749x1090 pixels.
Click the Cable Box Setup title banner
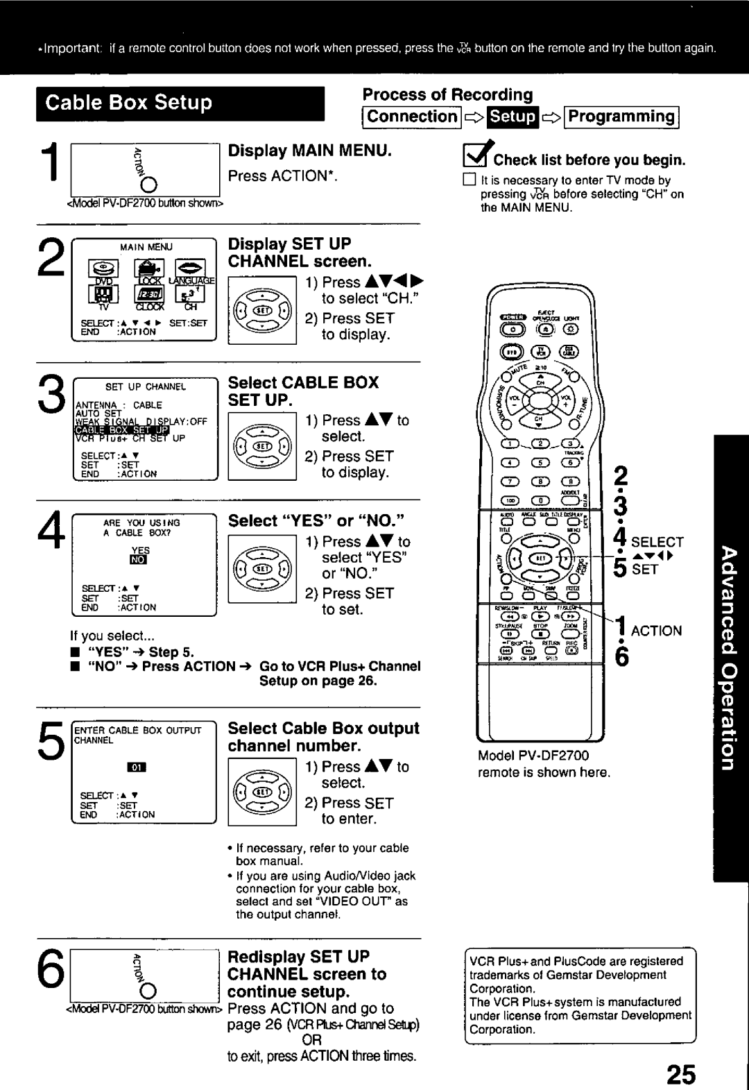(x=180, y=103)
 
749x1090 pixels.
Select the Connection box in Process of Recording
(x=412, y=117)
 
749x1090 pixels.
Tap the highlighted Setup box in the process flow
(x=513, y=117)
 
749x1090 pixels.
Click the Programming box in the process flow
(x=621, y=117)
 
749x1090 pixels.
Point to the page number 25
(x=681, y=1073)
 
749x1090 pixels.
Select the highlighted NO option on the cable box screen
(x=140, y=560)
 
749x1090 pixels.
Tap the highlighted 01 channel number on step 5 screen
(x=137, y=768)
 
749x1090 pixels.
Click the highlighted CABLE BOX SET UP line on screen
(x=122, y=430)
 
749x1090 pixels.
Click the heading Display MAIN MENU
(x=310, y=151)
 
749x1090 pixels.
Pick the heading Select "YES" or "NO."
(x=316, y=521)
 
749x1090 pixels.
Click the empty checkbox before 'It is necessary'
(x=469, y=180)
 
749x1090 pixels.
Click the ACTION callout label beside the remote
(x=656, y=631)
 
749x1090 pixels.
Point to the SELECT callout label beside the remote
(x=657, y=543)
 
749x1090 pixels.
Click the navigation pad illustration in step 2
(x=262, y=309)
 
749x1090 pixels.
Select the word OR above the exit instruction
(x=311, y=1041)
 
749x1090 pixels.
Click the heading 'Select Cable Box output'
(x=323, y=729)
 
